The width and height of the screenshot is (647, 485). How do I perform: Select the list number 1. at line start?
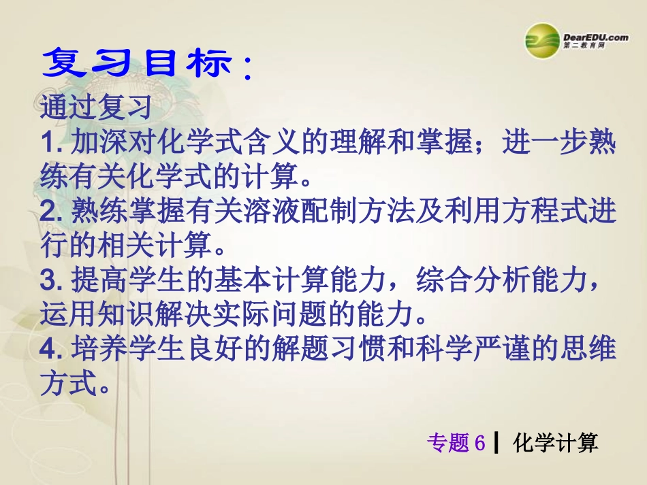tap(51, 144)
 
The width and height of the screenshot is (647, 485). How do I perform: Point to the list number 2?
tap(51, 213)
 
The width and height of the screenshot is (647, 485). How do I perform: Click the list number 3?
tap(51, 282)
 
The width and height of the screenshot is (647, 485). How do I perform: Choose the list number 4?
tap(51, 350)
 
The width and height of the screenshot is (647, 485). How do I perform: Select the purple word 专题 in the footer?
tap(448, 444)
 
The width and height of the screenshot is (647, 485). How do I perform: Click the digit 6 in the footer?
tap(479, 444)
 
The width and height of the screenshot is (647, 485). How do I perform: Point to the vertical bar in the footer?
tap(496, 444)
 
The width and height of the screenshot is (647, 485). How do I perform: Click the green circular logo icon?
tap(543, 41)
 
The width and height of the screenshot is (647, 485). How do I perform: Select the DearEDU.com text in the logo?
tap(596, 37)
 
